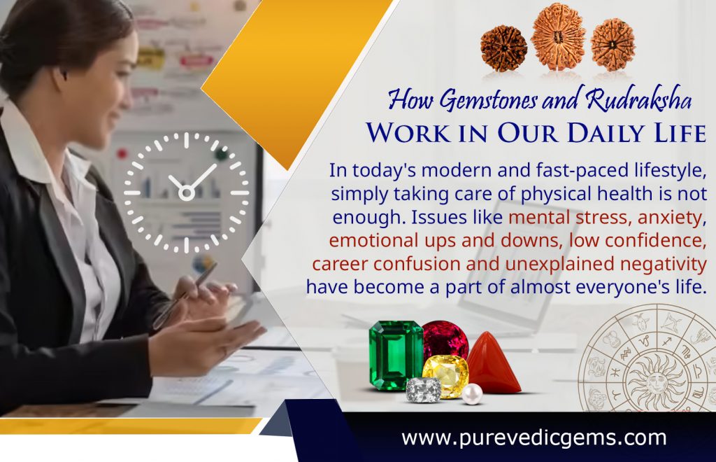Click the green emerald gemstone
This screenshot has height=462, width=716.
pos(396,355)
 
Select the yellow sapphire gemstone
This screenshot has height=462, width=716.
pos(445,374)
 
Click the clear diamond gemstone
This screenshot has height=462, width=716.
pos(424,390)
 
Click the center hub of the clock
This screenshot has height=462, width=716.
pos(187,191)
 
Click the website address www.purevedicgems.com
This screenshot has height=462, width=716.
pos(534,438)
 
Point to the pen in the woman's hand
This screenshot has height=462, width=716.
pos(187,295)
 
